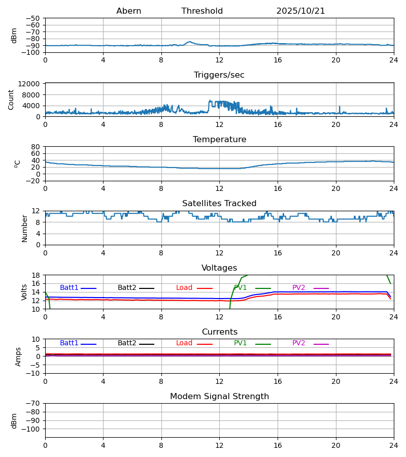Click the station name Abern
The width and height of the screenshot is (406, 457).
pyautogui.click(x=128, y=11)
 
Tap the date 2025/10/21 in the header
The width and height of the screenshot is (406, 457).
pyautogui.click(x=300, y=11)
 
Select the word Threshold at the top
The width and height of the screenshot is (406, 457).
pyautogui.click(x=202, y=11)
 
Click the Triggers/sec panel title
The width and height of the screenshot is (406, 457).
pyautogui.click(x=219, y=75)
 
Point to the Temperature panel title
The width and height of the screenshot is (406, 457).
pyautogui.click(x=219, y=140)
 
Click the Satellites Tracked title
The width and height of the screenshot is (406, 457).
pyautogui.click(x=219, y=204)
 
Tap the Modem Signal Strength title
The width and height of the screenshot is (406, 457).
pyautogui.click(x=219, y=397)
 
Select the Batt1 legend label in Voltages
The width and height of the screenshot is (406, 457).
pyautogui.click(x=69, y=288)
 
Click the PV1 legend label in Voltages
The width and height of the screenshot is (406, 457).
pyautogui.click(x=240, y=288)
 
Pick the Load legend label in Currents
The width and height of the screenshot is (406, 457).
pyautogui.click(x=184, y=343)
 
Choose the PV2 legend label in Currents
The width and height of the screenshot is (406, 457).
pyautogui.click(x=298, y=343)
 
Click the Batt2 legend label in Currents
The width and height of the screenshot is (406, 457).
pyautogui.click(x=127, y=343)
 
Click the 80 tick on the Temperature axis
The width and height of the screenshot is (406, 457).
pyautogui.click(x=36, y=147)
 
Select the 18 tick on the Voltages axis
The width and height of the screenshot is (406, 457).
pyautogui.click(x=36, y=275)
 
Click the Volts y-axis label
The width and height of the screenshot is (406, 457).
pyautogui.click(x=24, y=292)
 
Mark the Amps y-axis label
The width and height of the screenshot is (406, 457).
pyautogui.click(x=19, y=356)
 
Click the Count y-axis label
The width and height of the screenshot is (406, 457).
pyautogui.click(x=11, y=100)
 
